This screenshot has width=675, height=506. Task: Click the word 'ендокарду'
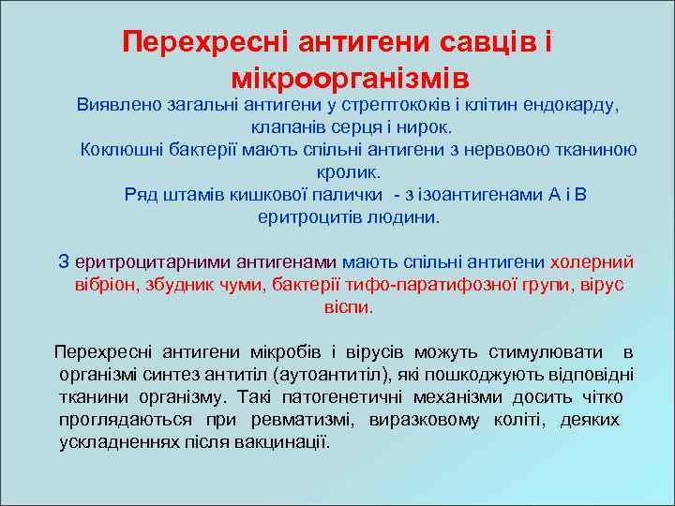[x=578, y=104]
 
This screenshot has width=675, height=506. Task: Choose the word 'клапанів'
[x=284, y=126]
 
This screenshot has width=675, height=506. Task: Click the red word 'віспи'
[x=347, y=306]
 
